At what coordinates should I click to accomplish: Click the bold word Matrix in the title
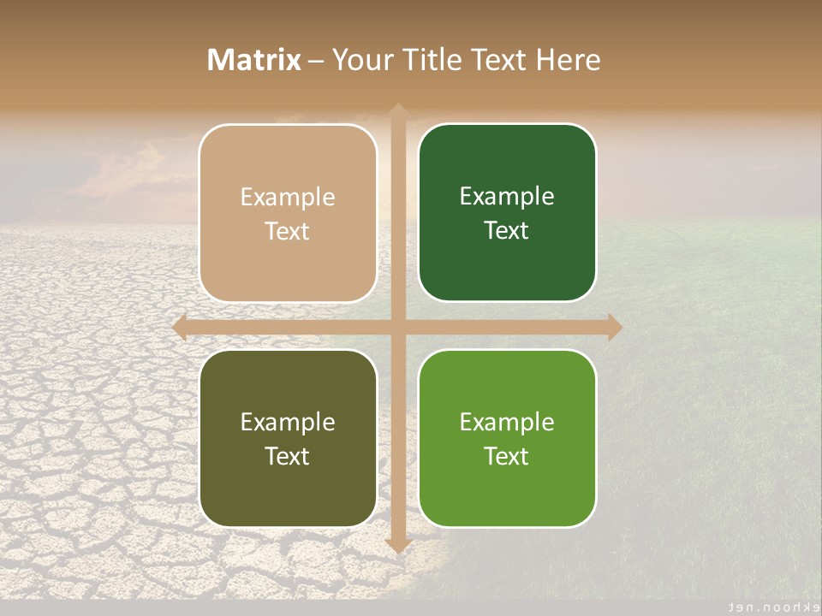coord(254,60)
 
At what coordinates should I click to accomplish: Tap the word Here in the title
coord(568,60)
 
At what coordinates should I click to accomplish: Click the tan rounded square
coord(288,213)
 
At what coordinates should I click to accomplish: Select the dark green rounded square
coord(507,213)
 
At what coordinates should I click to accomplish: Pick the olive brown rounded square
coord(288,438)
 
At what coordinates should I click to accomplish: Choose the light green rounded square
coord(507,438)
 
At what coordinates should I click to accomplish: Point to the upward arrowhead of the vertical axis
coord(397,112)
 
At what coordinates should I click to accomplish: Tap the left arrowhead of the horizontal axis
coord(181,327)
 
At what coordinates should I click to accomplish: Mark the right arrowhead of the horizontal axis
coord(614,327)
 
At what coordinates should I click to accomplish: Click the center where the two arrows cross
coord(397,327)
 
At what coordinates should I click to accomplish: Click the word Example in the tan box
coord(288,198)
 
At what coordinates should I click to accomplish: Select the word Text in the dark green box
coord(507,231)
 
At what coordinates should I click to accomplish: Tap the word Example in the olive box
coord(288,423)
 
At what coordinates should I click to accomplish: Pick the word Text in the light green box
coord(507,456)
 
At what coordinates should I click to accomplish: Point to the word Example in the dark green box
coord(507,197)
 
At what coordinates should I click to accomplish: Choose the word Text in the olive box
coord(288,456)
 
